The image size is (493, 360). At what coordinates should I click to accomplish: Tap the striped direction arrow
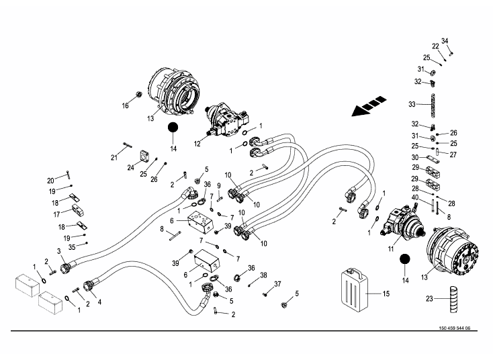[368, 106]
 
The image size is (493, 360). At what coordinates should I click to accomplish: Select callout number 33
[412, 104]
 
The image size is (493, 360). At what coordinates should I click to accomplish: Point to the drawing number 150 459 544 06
[453, 328]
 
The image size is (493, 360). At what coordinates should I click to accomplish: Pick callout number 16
[125, 105]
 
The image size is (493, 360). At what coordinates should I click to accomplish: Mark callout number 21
[114, 157]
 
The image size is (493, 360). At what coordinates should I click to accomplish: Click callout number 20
[50, 180]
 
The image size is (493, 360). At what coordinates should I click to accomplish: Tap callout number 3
[60, 251]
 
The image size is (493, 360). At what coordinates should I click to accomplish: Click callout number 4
[99, 302]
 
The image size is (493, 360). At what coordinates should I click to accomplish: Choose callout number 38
[263, 275]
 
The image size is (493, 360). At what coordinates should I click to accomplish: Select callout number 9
[219, 185]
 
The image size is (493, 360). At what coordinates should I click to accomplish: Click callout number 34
[444, 41]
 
